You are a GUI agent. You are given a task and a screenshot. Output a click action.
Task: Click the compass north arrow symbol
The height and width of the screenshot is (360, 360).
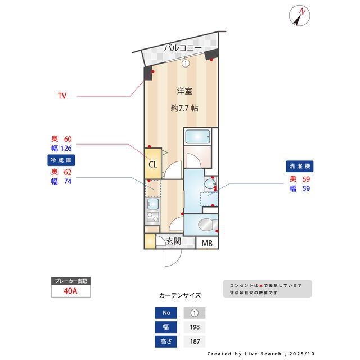point(300,16)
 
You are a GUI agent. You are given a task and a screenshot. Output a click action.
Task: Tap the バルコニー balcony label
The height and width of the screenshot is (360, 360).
point(183,48)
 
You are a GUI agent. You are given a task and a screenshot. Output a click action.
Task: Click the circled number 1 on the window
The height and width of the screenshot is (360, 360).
point(186,64)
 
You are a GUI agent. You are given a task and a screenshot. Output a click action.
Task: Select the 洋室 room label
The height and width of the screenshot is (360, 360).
point(184,91)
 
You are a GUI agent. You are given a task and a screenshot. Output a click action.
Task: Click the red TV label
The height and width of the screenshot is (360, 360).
point(62,96)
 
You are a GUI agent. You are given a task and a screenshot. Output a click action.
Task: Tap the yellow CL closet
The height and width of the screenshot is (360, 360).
point(152,164)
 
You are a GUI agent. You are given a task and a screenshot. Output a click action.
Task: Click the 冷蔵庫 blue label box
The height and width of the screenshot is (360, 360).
point(61,160)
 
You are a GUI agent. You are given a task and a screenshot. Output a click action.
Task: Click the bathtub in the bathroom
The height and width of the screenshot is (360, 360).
point(197,137)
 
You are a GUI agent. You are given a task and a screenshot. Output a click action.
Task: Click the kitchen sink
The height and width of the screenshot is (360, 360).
point(152,203)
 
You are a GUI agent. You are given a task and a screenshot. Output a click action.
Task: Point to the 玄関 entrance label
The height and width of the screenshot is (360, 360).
point(173,242)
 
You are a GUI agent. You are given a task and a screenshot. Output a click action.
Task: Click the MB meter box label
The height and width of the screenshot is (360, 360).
point(208,244)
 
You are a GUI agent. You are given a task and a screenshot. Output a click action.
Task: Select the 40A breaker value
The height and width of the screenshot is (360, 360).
point(70,292)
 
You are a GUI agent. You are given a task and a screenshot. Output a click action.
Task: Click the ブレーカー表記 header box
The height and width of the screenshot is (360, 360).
point(70,281)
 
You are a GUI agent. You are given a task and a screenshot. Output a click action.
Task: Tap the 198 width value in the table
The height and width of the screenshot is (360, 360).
point(195,327)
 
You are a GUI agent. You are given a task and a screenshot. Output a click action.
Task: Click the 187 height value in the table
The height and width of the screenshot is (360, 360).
point(195,341)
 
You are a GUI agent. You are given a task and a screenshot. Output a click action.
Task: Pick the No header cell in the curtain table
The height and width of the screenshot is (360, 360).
point(166,313)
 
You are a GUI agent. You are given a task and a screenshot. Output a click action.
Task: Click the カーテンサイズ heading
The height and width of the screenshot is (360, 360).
point(180,295)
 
